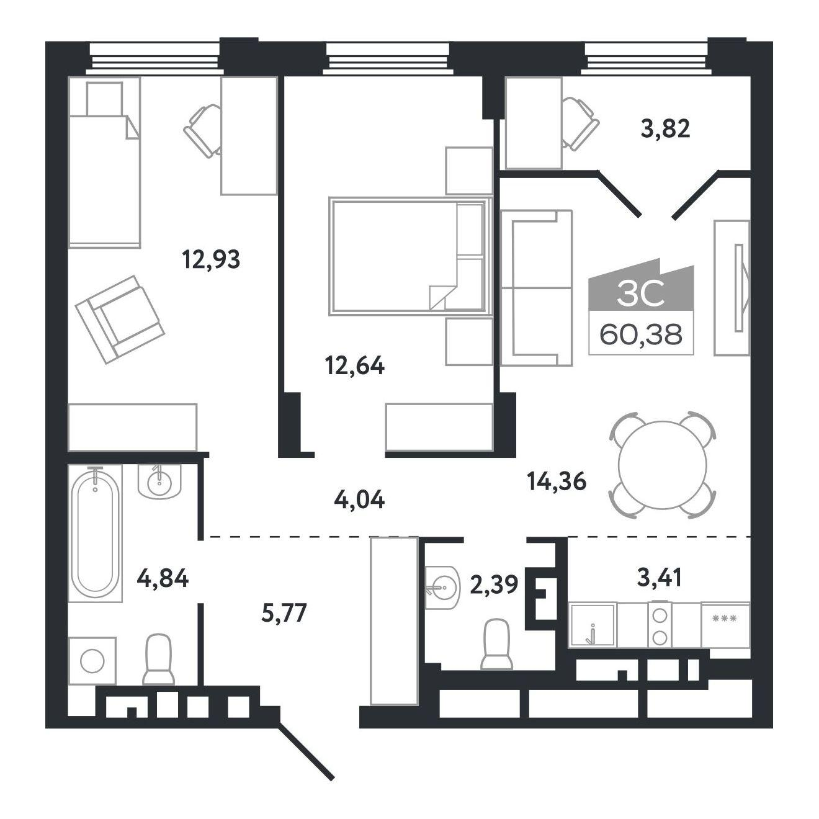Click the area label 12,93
pos(211,259)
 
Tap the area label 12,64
pos(355,365)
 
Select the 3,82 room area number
pos(665,128)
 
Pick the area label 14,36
pos(557,481)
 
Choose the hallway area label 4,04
pos(360,500)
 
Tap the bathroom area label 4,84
pos(163,578)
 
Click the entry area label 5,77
pos(284,612)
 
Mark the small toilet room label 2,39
pos(494,585)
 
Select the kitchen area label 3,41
pos(660,578)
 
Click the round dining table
pos(663,465)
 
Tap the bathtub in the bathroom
pos(95,533)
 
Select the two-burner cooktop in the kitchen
pos(660,625)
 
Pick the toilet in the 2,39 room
pos(496,644)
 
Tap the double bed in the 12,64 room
pos(411,256)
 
